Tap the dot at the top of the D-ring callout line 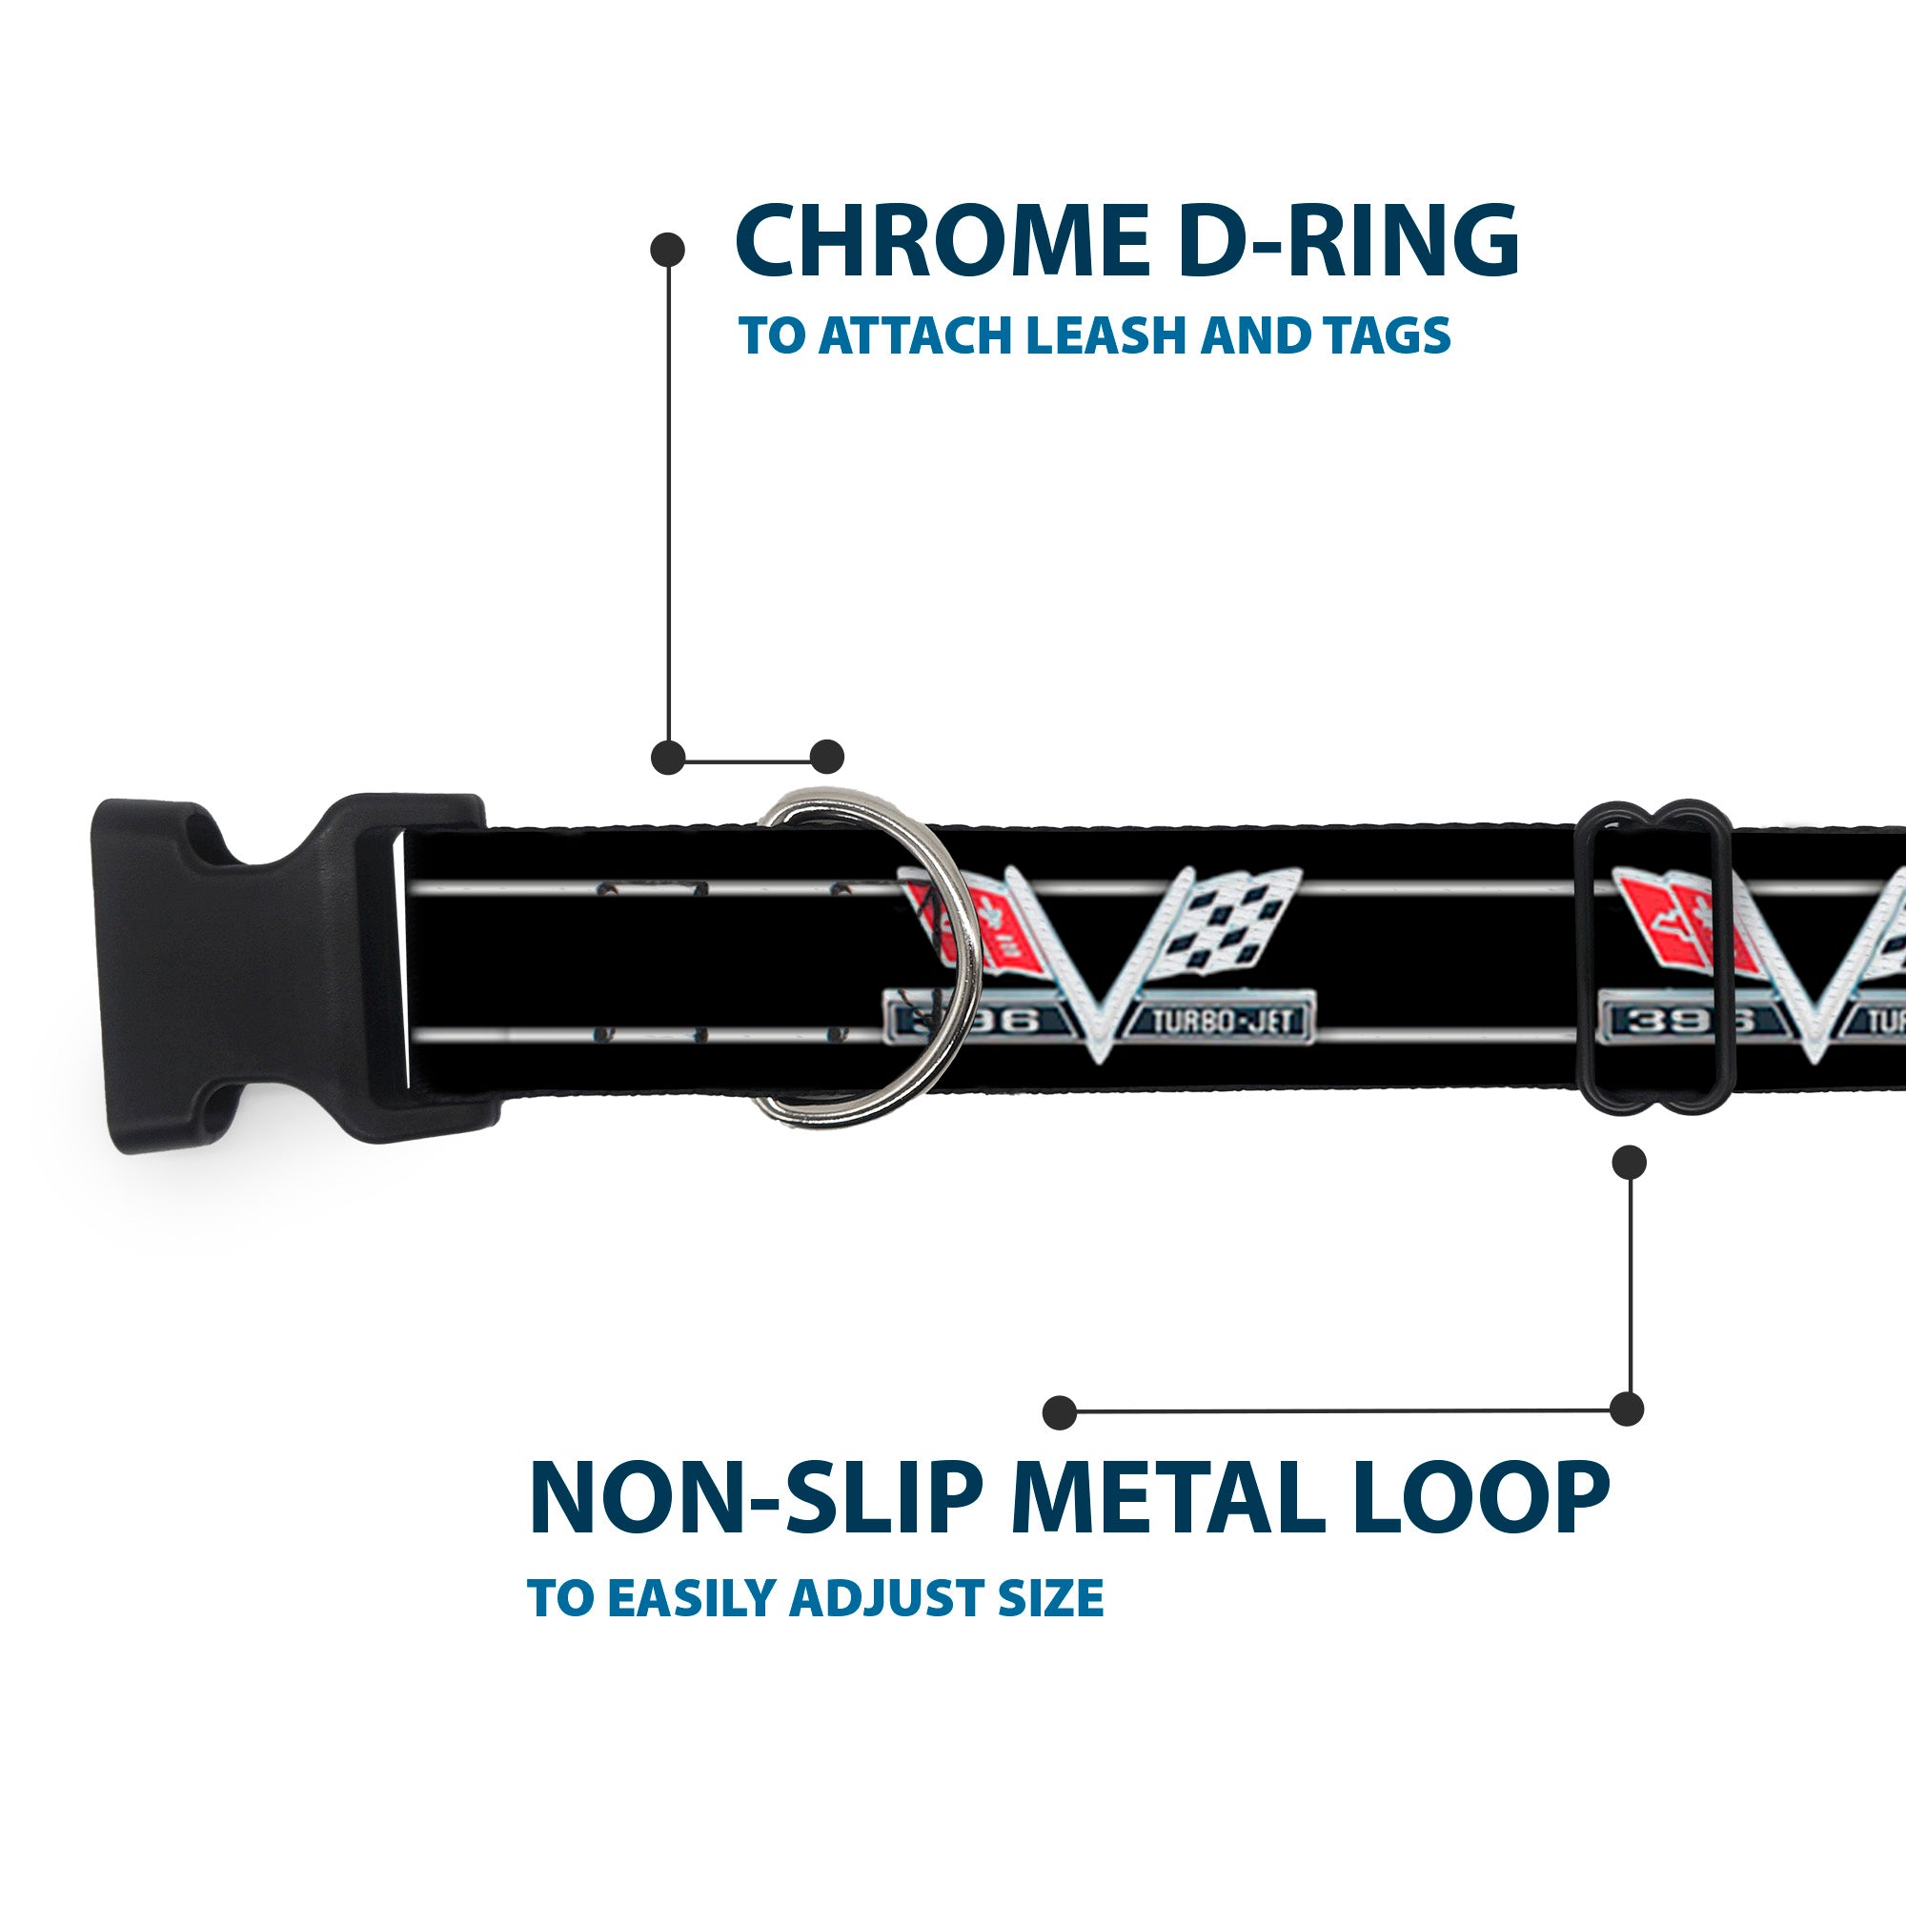click(x=668, y=250)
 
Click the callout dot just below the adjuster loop click(x=1629, y=1162)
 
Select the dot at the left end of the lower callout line click(x=1060, y=1411)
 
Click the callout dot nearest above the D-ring click(x=826, y=758)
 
